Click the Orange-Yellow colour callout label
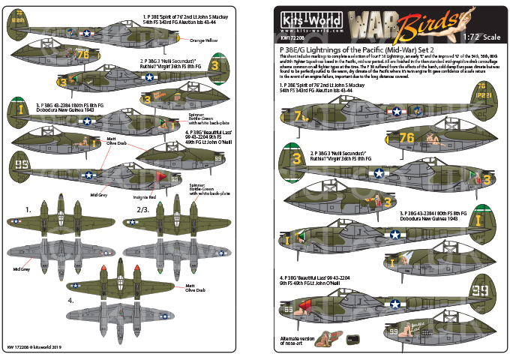pyautogui.click(x=207, y=38)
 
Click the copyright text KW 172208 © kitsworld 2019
pyautogui.click(x=37, y=346)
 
